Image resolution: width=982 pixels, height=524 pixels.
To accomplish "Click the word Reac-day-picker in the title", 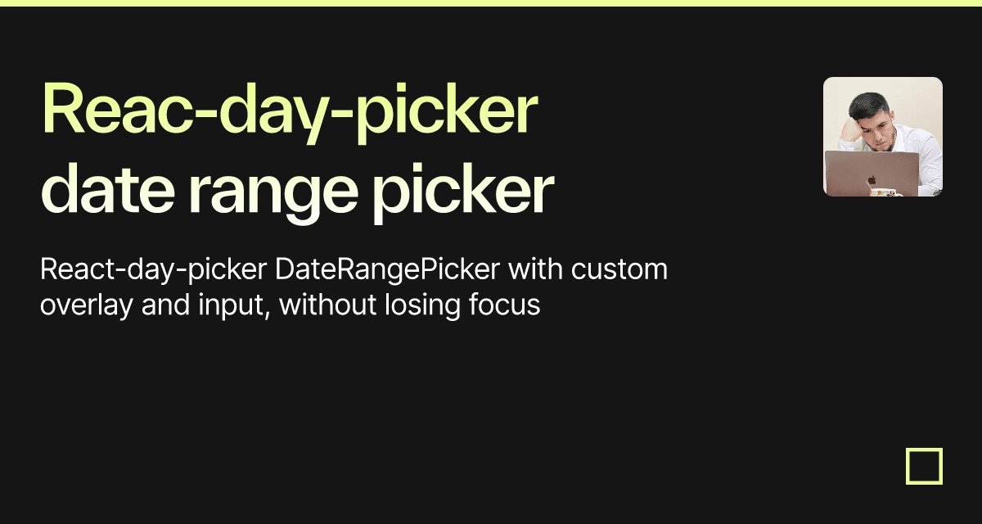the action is pos(290,112).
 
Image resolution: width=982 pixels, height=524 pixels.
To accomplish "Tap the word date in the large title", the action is pos(108,189).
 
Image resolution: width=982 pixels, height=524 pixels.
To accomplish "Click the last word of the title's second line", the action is pos(463,193).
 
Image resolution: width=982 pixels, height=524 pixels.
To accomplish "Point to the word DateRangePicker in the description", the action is pos(387,269).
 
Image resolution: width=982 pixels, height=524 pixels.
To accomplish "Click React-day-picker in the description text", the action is pos(154,269).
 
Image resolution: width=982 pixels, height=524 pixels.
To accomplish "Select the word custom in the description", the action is pos(619,269).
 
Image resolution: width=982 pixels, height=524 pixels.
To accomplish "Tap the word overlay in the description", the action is pos(87,305).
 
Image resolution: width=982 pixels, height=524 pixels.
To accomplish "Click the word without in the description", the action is pos(327,305).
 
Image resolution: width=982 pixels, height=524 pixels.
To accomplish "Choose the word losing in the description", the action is pos(422,305).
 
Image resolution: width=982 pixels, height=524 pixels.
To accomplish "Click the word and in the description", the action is pos(165,305).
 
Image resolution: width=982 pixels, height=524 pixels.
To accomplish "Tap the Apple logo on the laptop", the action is pos(872,179).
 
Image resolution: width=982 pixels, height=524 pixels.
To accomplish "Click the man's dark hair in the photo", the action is pos(868,106).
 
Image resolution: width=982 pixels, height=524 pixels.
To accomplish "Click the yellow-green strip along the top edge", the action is pos(491,3).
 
